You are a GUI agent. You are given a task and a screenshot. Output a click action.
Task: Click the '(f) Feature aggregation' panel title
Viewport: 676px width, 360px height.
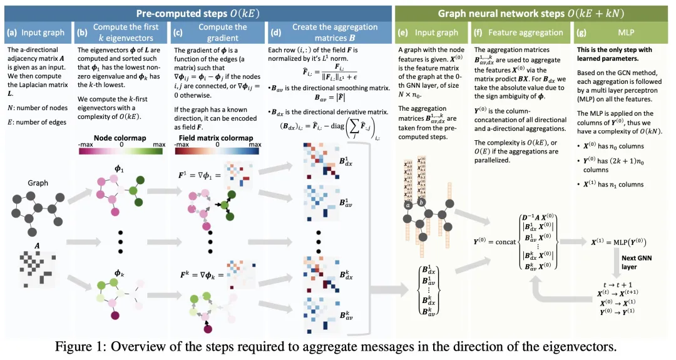[519, 32]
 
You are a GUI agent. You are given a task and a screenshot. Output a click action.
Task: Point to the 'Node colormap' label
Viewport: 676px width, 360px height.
[120, 138]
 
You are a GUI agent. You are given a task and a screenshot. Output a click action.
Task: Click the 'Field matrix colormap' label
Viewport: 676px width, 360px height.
[217, 138]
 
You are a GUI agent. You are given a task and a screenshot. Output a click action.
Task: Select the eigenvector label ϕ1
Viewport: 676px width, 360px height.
[120, 170]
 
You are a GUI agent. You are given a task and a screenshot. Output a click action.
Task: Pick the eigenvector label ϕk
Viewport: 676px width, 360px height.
[120, 273]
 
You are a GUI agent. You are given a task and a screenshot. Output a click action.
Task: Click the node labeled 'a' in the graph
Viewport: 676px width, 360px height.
[407, 205]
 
